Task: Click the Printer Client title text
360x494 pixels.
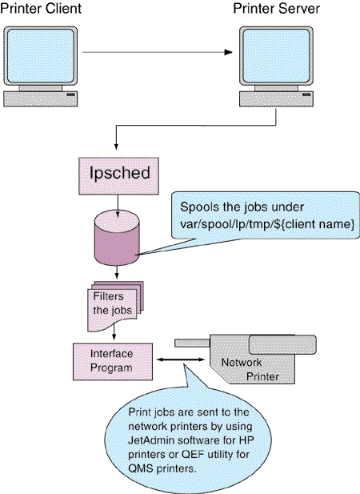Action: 41,8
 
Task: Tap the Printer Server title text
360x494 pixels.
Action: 276,8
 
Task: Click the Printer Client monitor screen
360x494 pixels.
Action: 41,55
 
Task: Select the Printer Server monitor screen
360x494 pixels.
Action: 276,55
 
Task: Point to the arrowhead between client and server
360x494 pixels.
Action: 228,52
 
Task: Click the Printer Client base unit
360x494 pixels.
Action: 41,98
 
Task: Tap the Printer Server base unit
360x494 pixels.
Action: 276,98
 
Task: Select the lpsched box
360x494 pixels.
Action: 118,176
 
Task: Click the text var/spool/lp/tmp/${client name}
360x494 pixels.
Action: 267,224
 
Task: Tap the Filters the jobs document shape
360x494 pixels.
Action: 115,306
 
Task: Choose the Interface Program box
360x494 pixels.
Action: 113,362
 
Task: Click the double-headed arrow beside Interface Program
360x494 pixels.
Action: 181,359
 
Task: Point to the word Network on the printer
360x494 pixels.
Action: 242,363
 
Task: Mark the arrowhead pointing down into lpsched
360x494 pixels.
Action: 116,147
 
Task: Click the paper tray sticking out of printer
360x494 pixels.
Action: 192,343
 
